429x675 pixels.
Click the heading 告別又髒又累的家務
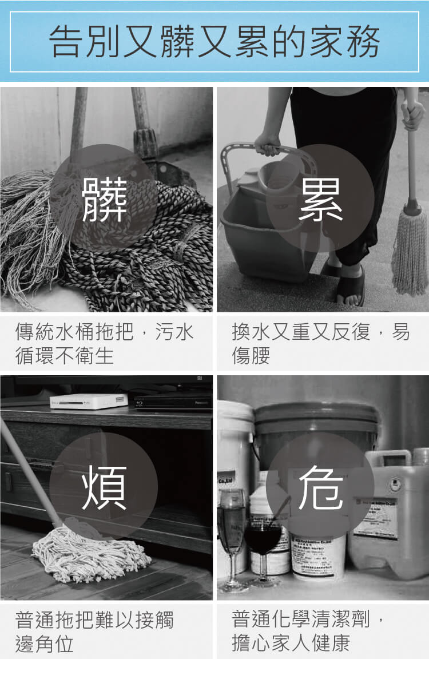(x=214, y=41)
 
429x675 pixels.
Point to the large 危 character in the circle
(x=320, y=488)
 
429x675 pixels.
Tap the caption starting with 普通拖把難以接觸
(x=94, y=632)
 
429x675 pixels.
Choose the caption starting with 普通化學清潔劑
(x=309, y=632)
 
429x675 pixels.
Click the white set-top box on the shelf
(x=88, y=400)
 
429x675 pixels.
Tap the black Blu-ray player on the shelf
(x=172, y=402)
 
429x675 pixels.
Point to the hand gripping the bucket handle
(x=267, y=145)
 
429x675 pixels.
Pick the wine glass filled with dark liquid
(x=263, y=541)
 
